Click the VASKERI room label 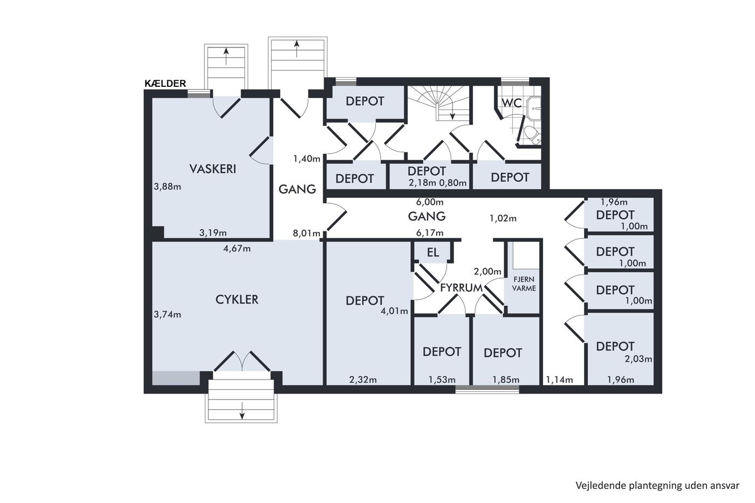[x=212, y=169]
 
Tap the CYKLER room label [x=237, y=300]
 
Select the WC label [x=512, y=103]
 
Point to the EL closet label [x=433, y=252]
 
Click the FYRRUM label [x=462, y=288]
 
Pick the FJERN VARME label [x=524, y=284]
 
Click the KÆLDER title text [x=165, y=84]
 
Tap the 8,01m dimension [x=306, y=233]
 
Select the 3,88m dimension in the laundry [x=167, y=187]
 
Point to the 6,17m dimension [x=430, y=233]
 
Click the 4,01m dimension [x=394, y=311]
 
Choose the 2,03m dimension [x=639, y=359]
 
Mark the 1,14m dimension [x=559, y=380]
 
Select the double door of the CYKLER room [x=242, y=361]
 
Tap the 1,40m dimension [x=307, y=159]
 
